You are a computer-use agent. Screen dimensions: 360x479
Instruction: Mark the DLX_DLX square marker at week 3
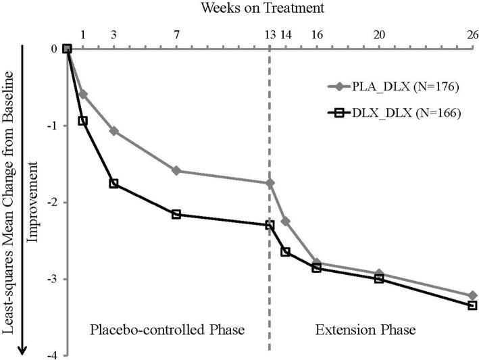(x=114, y=184)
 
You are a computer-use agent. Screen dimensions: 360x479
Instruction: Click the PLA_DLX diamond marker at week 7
(x=176, y=171)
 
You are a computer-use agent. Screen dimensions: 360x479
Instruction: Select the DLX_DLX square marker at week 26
(x=472, y=305)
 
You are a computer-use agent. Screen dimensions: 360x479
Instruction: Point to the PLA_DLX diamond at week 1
(x=83, y=94)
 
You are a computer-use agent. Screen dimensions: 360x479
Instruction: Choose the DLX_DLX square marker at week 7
(x=176, y=214)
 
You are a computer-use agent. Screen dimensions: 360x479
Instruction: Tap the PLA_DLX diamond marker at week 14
(x=285, y=221)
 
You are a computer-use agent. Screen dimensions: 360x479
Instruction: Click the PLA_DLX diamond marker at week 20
(x=379, y=274)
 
